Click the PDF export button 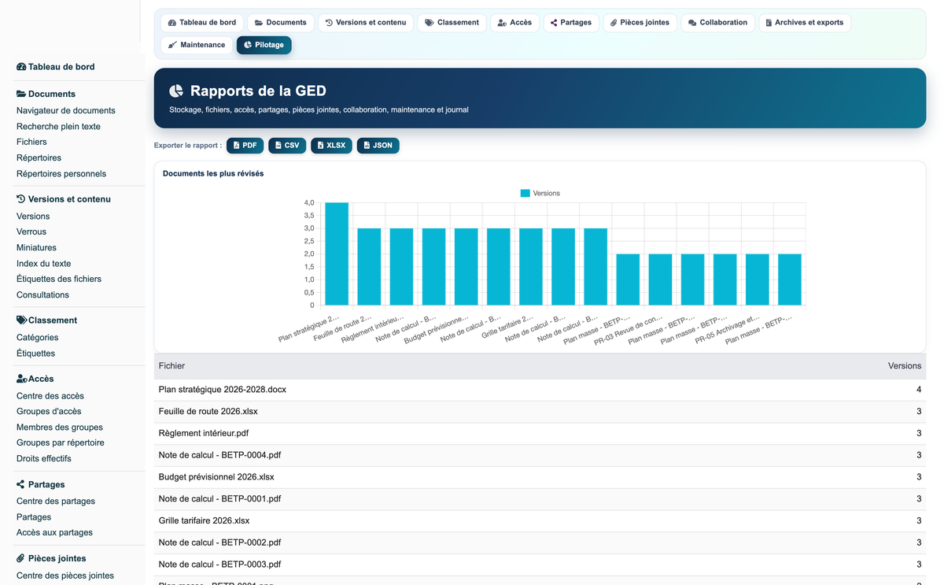pyautogui.click(x=245, y=146)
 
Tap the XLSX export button pyautogui.click(x=331, y=146)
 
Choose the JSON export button pyautogui.click(x=378, y=146)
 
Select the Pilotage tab pyautogui.click(x=264, y=45)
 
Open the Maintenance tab pyautogui.click(x=197, y=45)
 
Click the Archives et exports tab pyautogui.click(x=805, y=23)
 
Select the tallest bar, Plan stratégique pyautogui.click(x=337, y=254)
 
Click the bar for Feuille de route pyautogui.click(x=369, y=267)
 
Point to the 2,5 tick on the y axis pyautogui.click(x=309, y=241)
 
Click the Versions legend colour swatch pyautogui.click(x=525, y=193)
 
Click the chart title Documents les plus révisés pyautogui.click(x=213, y=174)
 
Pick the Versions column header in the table pyautogui.click(x=905, y=365)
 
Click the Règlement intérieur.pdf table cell pyautogui.click(x=204, y=433)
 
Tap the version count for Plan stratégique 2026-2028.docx pyautogui.click(x=919, y=389)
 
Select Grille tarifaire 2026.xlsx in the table pyautogui.click(x=204, y=520)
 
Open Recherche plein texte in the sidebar pyautogui.click(x=58, y=127)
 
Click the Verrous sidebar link pyautogui.click(x=31, y=232)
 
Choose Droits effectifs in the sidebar pyautogui.click(x=44, y=458)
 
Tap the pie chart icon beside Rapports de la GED pyautogui.click(x=176, y=91)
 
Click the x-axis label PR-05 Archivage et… pyautogui.click(x=728, y=329)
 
